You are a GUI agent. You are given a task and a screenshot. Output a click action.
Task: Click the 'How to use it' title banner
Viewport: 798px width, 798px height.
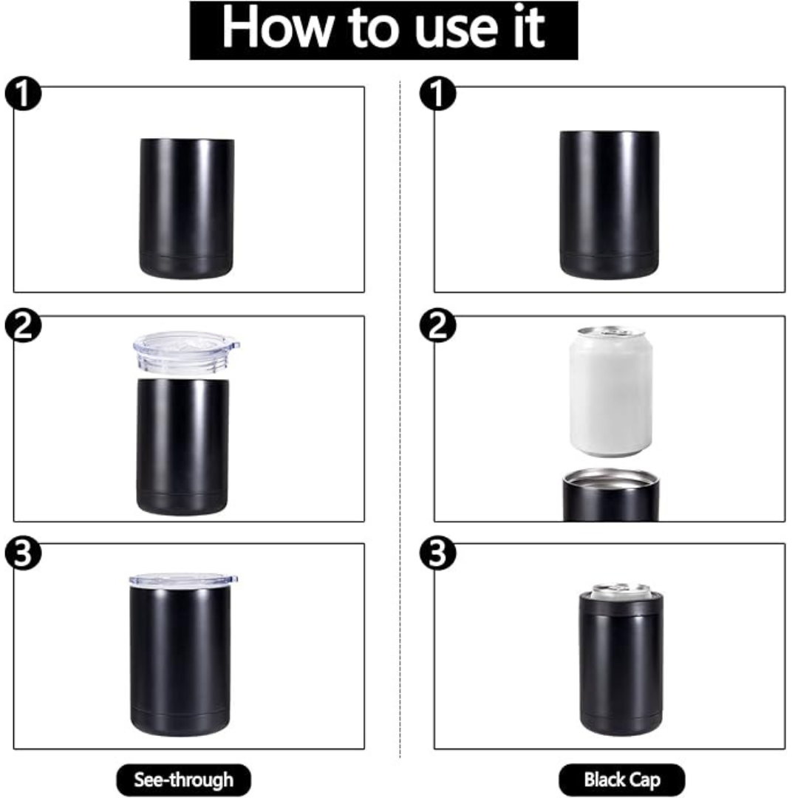[x=383, y=30]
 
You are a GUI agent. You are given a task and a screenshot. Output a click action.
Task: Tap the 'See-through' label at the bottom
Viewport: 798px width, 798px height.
[x=184, y=780]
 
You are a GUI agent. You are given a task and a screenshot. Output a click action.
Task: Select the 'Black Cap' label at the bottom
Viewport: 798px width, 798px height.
[x=622, y=780]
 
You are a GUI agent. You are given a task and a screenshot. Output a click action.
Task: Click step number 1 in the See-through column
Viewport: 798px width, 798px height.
[x=23, y=93]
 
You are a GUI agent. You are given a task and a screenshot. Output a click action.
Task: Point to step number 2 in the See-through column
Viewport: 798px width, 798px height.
[x=23, y=326]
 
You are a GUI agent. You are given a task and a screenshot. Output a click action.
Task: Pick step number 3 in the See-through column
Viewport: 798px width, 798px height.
[x=23, y=553]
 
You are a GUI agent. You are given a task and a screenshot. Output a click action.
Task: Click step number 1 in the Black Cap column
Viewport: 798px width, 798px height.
[x=437, y=93]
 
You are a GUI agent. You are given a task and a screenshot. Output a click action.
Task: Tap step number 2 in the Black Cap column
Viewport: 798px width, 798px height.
[x=437, y=326]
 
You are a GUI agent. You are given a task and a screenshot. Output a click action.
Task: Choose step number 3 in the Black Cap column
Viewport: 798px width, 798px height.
[x=437, y=553]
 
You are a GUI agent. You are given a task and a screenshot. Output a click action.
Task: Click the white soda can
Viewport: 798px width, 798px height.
[x=611, y=392]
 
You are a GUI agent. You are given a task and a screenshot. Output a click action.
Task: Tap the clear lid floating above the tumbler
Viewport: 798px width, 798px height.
[x=186, y=353]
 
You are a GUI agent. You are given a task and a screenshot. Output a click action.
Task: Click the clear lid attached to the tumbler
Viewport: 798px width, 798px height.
[x=183, y=579]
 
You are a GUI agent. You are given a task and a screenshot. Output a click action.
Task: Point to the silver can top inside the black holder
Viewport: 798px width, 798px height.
[x=620, y=590]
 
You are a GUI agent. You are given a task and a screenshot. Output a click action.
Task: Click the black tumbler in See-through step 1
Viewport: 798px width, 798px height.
[x=187, y=208]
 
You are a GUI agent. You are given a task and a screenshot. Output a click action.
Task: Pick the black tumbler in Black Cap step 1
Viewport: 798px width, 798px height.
[x=609, y=205]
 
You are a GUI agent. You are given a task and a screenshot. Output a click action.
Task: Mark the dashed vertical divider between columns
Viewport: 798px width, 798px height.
[x=400, y=418]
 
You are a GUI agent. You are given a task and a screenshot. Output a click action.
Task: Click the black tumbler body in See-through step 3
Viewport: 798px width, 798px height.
[x=181, y=661]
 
